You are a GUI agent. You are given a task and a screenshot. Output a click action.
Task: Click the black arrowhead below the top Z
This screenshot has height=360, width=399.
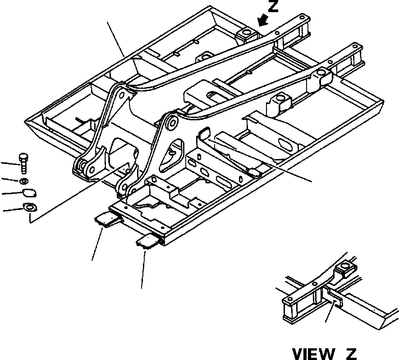click(262, 21)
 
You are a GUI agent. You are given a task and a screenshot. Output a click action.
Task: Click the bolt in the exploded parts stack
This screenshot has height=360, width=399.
click(23, 163)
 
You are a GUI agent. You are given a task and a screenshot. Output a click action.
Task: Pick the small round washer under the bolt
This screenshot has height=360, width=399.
click(24, 181)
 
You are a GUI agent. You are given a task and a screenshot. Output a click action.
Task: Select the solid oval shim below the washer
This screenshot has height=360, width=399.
click(29, 193)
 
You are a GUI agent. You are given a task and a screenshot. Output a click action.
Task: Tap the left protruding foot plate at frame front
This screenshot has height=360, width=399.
click(107, 219)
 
